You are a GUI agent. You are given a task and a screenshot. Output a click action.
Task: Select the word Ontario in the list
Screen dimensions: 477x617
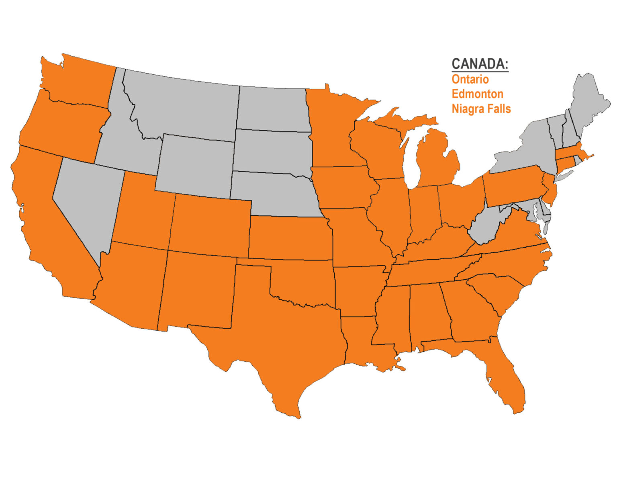(x=470, y=79)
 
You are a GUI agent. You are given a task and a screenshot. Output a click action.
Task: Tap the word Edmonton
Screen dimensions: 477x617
(x=477, y=94)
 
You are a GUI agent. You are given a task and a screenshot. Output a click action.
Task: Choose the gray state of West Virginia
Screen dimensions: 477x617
(x=488, y=225)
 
